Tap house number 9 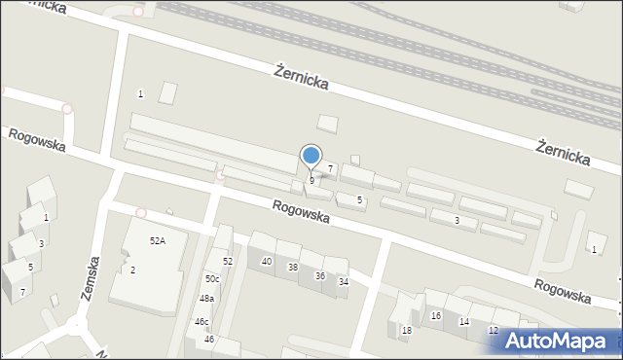[311, 180]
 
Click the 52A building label [157, 240]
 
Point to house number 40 [267, 262]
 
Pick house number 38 [293, 268]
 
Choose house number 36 [319, 275]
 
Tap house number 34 [343, 282]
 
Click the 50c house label [211, 279]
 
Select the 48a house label [206, 299]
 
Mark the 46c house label [202, 321]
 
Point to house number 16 [436, 316]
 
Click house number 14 [464, 322]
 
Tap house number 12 [494, 331]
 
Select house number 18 [407, 331]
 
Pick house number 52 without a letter [228, 262]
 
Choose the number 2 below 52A [132, 270]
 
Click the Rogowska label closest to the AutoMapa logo [562, 290]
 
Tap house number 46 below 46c [209, 339]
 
